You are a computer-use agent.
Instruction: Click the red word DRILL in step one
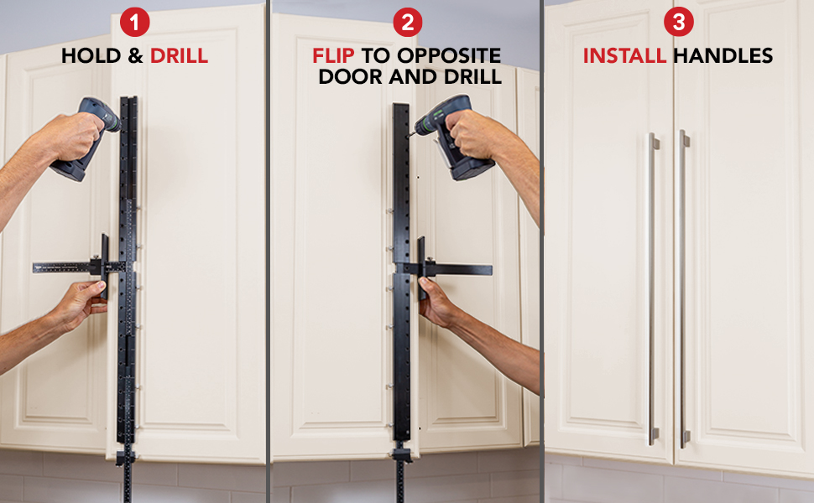179,57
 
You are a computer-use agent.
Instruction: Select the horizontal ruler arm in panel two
457,269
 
